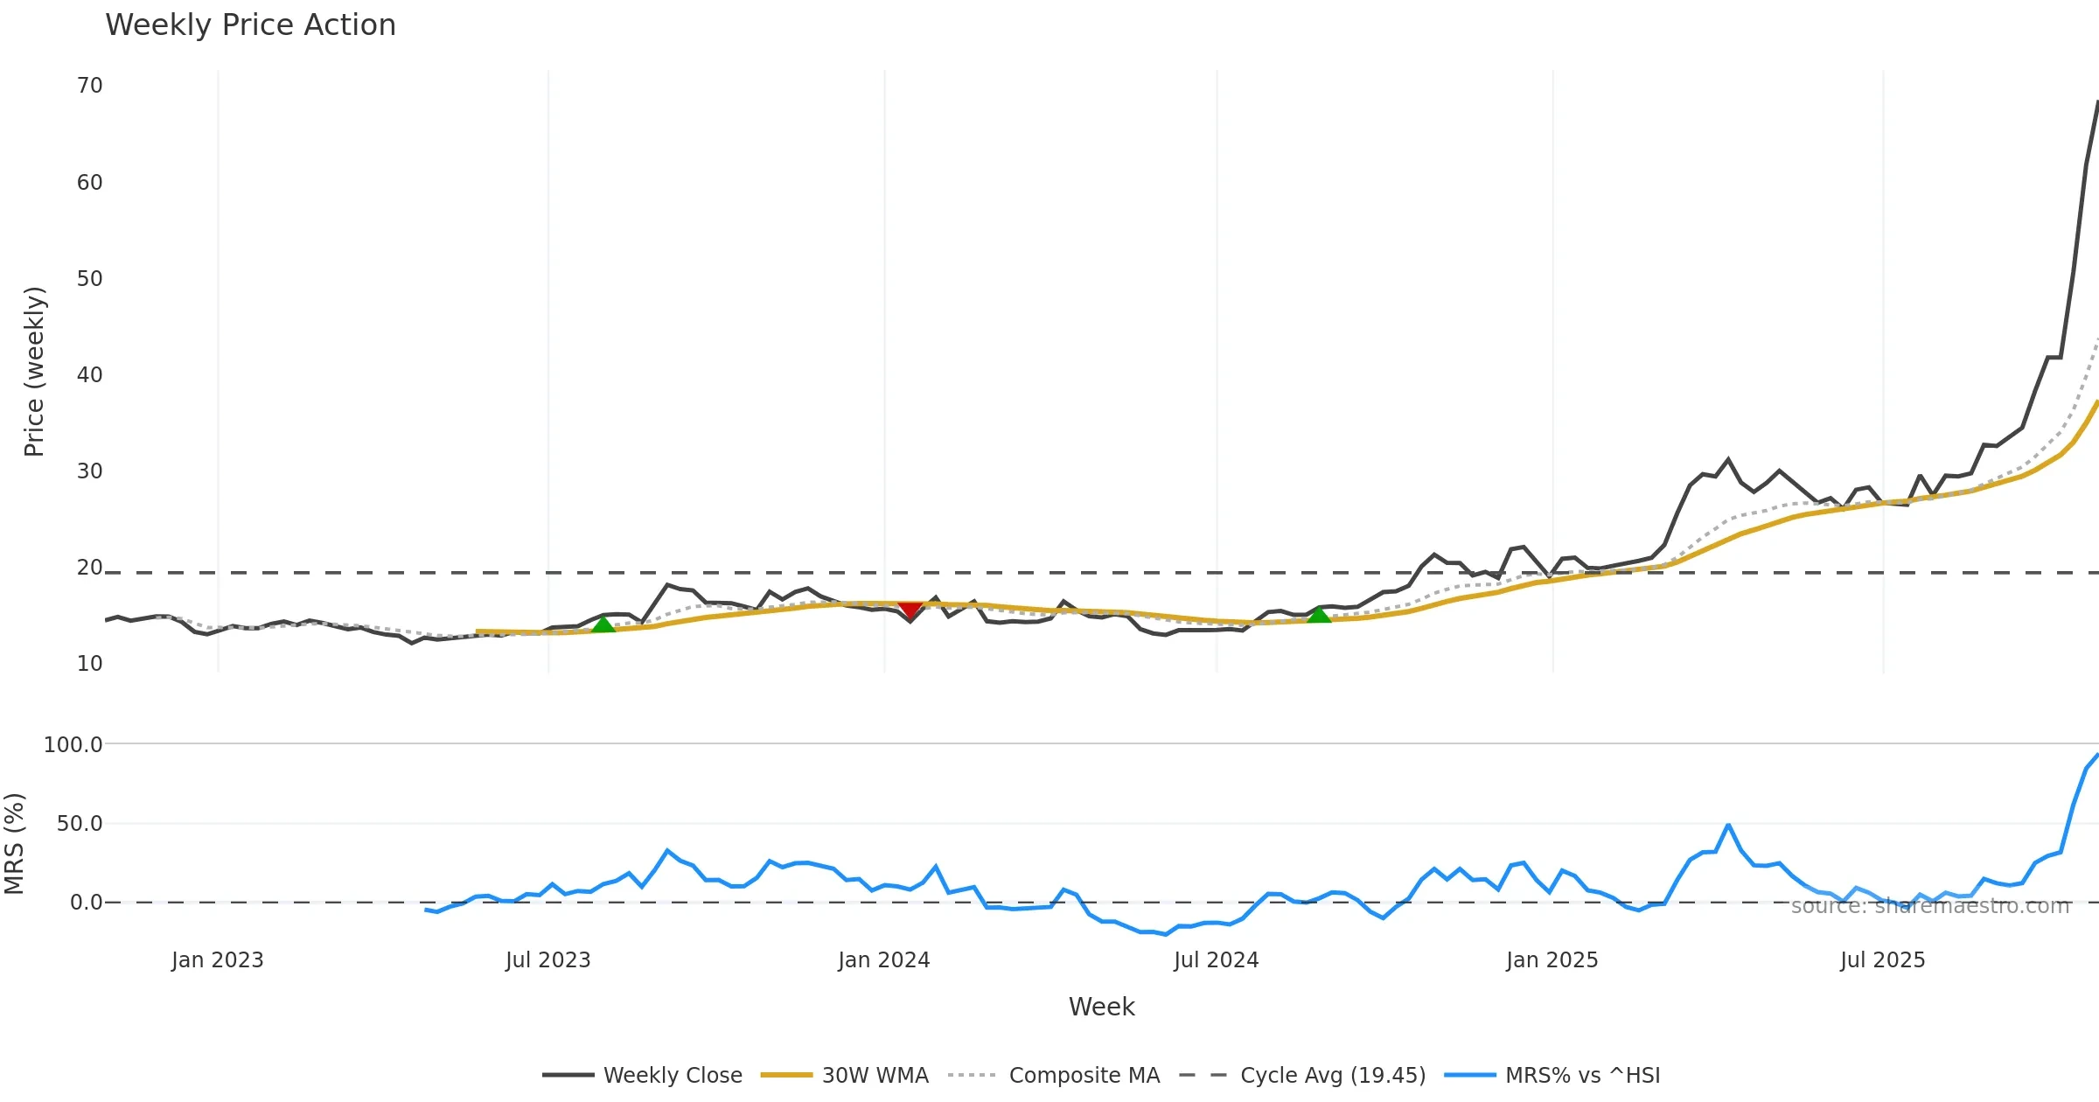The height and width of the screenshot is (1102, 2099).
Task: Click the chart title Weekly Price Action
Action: (x=250, y=24)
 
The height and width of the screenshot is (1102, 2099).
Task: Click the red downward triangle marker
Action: (x=910, y=609)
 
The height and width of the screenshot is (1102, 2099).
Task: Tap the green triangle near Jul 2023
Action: (x=603, y=624)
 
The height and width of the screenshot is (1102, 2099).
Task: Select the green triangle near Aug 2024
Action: (x=1319, y=615)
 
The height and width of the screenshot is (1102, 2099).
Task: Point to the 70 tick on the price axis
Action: (x=90, y=86)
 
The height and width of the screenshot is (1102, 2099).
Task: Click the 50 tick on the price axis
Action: (x=90, y=278)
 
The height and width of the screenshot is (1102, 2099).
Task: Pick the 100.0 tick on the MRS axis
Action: (x=73, y=744)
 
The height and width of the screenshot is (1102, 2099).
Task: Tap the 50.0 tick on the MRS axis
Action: (x=80, y=823)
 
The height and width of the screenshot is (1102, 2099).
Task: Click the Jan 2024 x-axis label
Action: (x=883, y=959)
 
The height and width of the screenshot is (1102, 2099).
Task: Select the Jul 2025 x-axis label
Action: (x=1882, y=959)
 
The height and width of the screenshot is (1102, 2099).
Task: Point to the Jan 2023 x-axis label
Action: (x=217, y=959)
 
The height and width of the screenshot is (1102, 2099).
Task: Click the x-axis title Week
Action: (x=1101, y=1007)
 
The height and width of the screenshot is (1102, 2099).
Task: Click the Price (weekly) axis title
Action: (x=34, y=371)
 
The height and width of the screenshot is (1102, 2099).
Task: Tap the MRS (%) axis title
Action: (x=15, y=843)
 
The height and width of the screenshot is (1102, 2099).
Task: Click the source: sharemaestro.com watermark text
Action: (x=1930, y=906)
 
